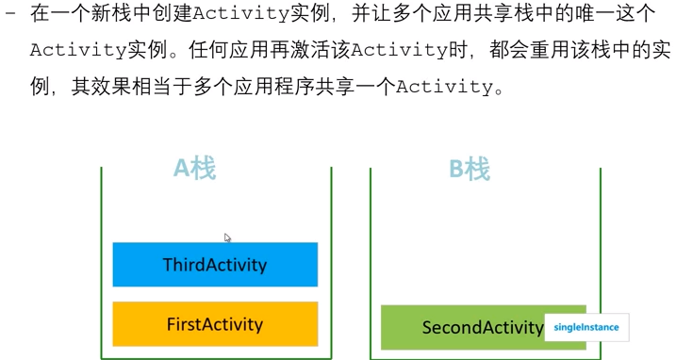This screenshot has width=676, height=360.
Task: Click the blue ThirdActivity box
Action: (215, 265)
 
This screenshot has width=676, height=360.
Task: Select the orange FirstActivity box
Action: (215, 324)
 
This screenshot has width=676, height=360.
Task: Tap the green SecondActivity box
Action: (462, 328)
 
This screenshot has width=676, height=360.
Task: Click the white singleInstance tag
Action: (586, 328)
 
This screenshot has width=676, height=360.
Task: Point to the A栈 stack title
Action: (195, 169)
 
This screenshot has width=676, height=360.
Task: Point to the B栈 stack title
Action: (470, 170)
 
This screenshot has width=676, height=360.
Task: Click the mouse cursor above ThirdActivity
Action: (227, 237)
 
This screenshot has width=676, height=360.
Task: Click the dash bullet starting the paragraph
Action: (9, 13)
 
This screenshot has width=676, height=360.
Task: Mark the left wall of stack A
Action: (102, 264)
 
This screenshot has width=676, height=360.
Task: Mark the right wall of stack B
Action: (601, 264)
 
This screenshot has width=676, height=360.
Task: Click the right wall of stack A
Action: (332, 264)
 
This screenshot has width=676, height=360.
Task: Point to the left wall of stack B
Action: (371, 264)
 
